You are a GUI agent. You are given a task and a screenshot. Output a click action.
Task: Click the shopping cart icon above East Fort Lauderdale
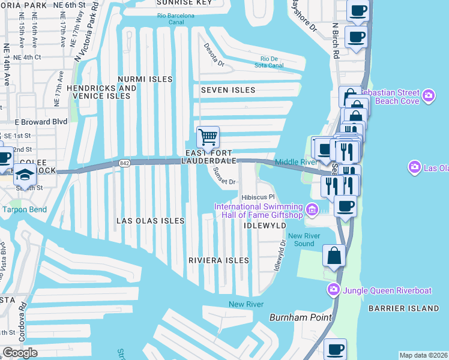click(x=208, y=136)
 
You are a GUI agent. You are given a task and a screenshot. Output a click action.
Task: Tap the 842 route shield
click(x=125, y=163)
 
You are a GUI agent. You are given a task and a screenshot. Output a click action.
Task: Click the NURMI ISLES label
click(x=145, y=79)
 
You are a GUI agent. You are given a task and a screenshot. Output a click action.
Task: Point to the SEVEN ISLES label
click(x=228, y=90)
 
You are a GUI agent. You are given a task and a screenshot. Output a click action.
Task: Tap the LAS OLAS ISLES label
click(x=150, y=221)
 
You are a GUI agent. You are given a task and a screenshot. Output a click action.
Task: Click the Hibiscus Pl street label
click(x=258, y=197)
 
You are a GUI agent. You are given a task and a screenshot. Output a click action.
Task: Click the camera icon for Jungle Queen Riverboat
click(x=333, y=290)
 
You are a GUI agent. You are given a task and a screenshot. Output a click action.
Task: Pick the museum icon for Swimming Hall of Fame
click(x=312, y=209)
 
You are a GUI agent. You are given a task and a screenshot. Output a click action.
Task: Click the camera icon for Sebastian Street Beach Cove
click(x=428, y=95)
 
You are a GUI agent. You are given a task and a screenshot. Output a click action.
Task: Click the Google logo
click(x=20, y=352)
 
